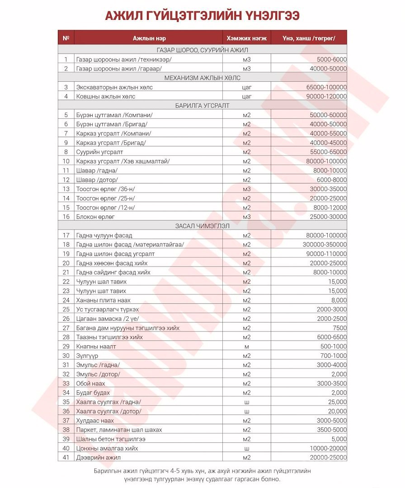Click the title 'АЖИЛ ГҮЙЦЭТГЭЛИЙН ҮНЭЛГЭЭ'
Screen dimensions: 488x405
click(x=202, y=16)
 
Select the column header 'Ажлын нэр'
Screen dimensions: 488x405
click(x=146, y=38)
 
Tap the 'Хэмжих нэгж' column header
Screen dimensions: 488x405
click(x=246, y=38)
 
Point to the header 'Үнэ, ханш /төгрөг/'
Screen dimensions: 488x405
click(x=309, y=38)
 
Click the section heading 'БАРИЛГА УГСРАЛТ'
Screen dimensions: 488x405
click(x=202, y=106)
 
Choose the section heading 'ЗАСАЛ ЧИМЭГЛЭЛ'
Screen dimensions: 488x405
click(x=202, y=226)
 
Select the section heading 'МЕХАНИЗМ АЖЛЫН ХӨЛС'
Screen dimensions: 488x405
click(x=202, y=78)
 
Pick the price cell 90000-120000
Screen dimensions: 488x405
click(x=327, y=96)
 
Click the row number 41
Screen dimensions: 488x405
click(x=66, y=457)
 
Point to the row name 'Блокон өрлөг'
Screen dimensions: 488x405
click(x=95, y=217)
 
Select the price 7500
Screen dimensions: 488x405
click(x=339, y=328)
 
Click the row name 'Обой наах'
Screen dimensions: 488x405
click(x=91, y=384)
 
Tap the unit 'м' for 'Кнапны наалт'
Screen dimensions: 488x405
click(x=246, y=347)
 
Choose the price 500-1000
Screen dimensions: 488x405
click(x=334, y=347)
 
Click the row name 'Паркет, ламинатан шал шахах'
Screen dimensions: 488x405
click(x=119, y=430)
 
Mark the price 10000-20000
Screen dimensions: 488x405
click(x=327, y=448)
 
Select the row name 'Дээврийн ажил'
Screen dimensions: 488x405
click(x=99, y=457)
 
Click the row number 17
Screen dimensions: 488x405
click(x=66, y=235)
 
